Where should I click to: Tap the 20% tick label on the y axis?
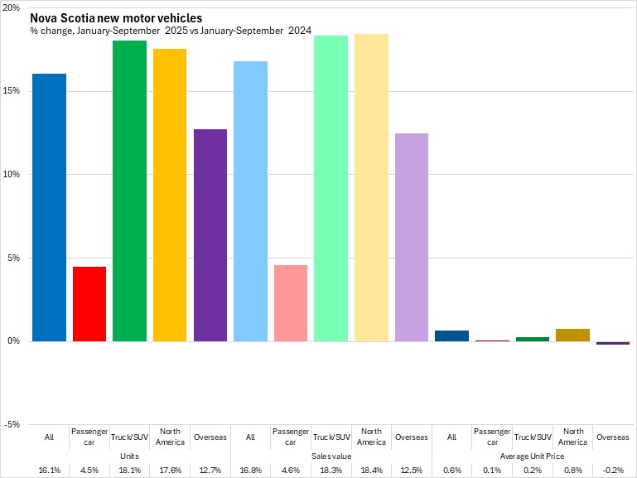coord(12,7)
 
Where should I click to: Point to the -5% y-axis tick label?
coord(12,424)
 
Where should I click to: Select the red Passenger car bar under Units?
coord(89,303)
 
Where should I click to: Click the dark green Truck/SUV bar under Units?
coord(129,191)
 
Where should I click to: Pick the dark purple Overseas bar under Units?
coord(210,235)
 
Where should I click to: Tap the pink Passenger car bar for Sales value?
coord(291,302)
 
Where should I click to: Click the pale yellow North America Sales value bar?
coord(371,187)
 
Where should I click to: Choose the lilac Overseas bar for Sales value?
coord(411,237)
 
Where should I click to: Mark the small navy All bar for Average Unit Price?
coord(451,336)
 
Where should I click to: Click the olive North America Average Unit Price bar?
coord(572,335)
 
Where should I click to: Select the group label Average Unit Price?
coord(532,456)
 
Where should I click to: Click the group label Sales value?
coord(331,456)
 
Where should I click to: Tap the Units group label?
coord(129,456)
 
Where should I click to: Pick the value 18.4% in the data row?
coord(371,470)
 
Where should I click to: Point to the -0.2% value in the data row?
coord(612,470)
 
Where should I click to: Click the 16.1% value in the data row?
coord(49,470)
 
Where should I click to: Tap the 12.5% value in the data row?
coord(411,470)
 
